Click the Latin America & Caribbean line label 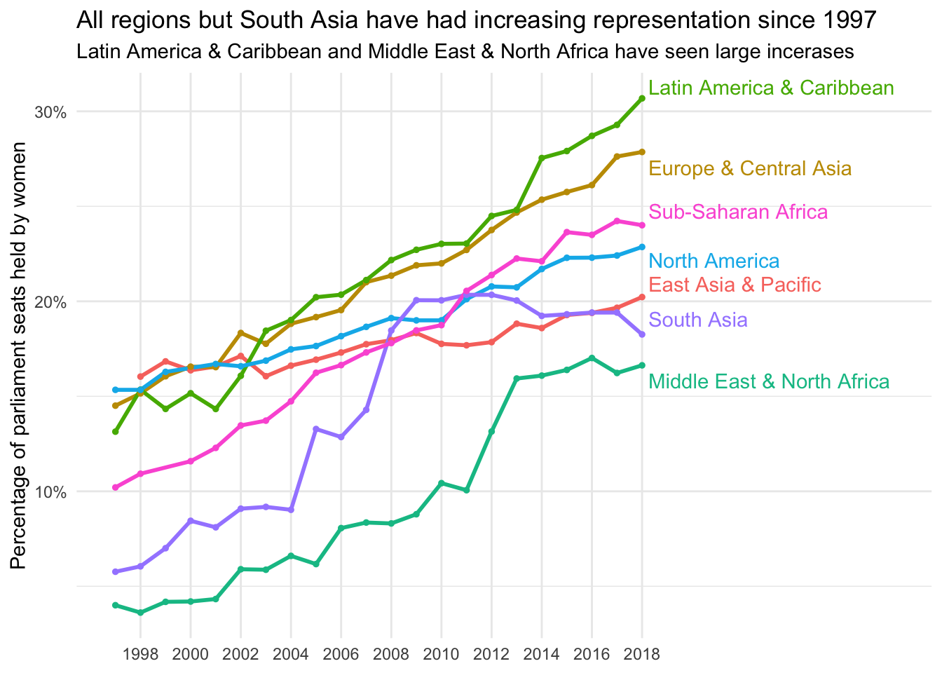pos(771,88)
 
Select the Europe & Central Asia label pos(750,169)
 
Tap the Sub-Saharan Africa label pos(738,212)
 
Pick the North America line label pos(714,261)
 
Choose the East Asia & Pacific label pos(735,285)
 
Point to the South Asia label pos(698,320)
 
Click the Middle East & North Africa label pos(769,382)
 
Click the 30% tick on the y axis pos(50,112)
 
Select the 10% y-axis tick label pos(50,491)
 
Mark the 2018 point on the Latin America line pos(642,98)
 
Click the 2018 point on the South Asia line pos(642,334)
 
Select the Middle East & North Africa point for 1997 pos(116,605)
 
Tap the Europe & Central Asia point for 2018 pos(642,152)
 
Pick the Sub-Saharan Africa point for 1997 pos(116,487)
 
